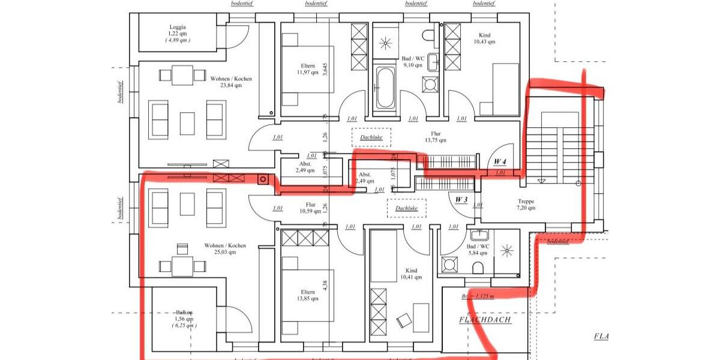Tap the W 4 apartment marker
(x=500, y=162)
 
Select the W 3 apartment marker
(x=461, y=199)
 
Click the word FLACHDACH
(x=485, y=320)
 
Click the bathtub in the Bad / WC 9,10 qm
(x=385, y=88)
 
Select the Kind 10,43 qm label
(x=484, y=38)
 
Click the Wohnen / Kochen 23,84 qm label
(x=231, y=82)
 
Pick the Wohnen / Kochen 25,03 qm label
(x=225, y=248)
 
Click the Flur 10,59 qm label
(x=310, y=208)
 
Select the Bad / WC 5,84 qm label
(x=478, y=250)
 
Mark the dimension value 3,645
(x=325, y=71)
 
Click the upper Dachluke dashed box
(x=371, y=137)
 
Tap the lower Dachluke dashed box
(x=406, y=208)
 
